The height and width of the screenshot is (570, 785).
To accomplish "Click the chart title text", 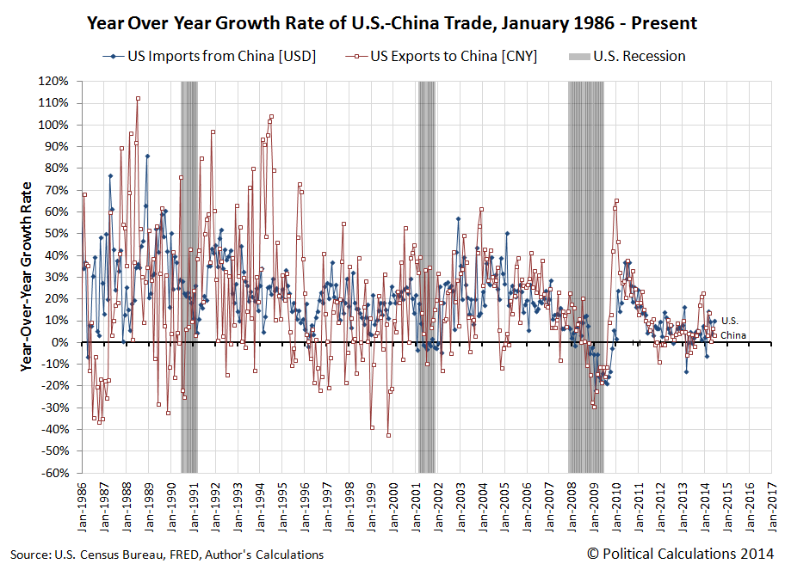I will pos(392,23).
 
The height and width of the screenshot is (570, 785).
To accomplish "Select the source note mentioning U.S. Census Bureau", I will pos(167,555).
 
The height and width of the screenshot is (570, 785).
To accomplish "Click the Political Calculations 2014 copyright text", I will pos(680,554).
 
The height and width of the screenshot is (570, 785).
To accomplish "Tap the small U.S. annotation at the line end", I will pos(730,321).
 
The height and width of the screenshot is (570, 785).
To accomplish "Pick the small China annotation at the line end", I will pos(732,334).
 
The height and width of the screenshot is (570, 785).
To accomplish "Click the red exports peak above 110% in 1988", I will pos(138,98).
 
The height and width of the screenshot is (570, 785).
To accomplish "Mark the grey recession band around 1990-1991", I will pos(189,275).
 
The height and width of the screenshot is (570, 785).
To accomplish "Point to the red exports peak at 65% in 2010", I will pos(617,201).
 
